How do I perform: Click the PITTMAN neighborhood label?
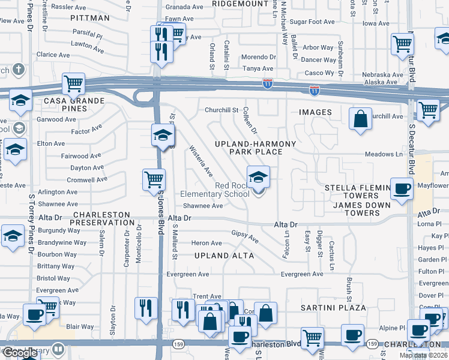[90, 18]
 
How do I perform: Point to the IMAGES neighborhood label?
[315, 112]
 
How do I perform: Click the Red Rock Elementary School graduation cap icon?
[259, 178]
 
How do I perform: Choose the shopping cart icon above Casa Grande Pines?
[73, 84]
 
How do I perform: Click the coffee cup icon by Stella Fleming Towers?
[401, 188]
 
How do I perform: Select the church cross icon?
[19, 69]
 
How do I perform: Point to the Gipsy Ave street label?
[245, 236]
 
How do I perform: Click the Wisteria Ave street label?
[201, 161]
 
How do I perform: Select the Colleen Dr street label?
[250, 120]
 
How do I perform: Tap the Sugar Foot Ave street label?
[312, 22]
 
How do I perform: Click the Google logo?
[20, 353]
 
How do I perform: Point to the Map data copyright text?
[423, 355]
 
